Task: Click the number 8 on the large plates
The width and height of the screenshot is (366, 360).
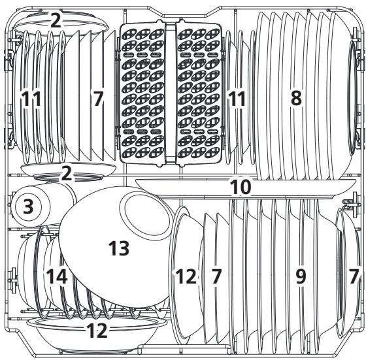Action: pos(296,99)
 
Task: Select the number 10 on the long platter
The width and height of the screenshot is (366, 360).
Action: pos(241,187)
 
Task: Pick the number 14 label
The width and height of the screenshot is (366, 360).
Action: pos(56,276)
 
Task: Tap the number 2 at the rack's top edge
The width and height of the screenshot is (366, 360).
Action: pos(56,20)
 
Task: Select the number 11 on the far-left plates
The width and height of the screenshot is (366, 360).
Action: pos(30,99)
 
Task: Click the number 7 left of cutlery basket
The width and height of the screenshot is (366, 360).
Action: pos(98,99)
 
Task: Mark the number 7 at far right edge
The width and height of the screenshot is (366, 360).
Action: pos(354,276)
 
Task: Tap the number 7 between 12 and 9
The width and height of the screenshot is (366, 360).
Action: pos(216,276)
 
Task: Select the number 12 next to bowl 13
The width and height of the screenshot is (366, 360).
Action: pos(186,276)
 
